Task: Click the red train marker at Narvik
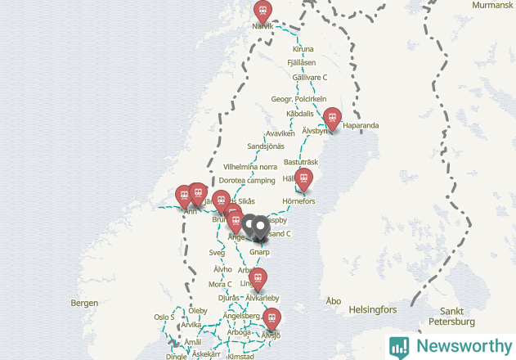(262, 11)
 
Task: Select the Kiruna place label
(302, 49)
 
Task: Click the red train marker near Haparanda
(331, 117)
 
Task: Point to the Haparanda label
(361, 125)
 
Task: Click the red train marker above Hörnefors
(303, 178)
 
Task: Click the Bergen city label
(84, 303)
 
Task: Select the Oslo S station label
(164, 317)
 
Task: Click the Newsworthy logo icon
(399, 346)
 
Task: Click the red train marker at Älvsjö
(271, 318)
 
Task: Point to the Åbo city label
(333, 301)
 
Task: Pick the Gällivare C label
(309, 77)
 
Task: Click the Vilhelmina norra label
(250, 166)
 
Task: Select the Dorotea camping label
(247, 180)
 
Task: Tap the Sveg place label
(217, 253)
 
